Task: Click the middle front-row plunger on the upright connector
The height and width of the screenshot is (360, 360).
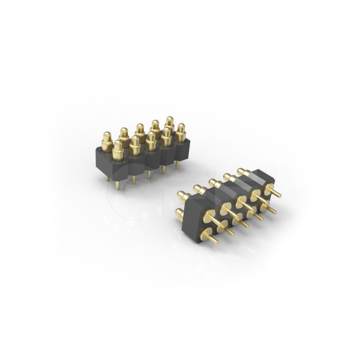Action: point(151,139)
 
